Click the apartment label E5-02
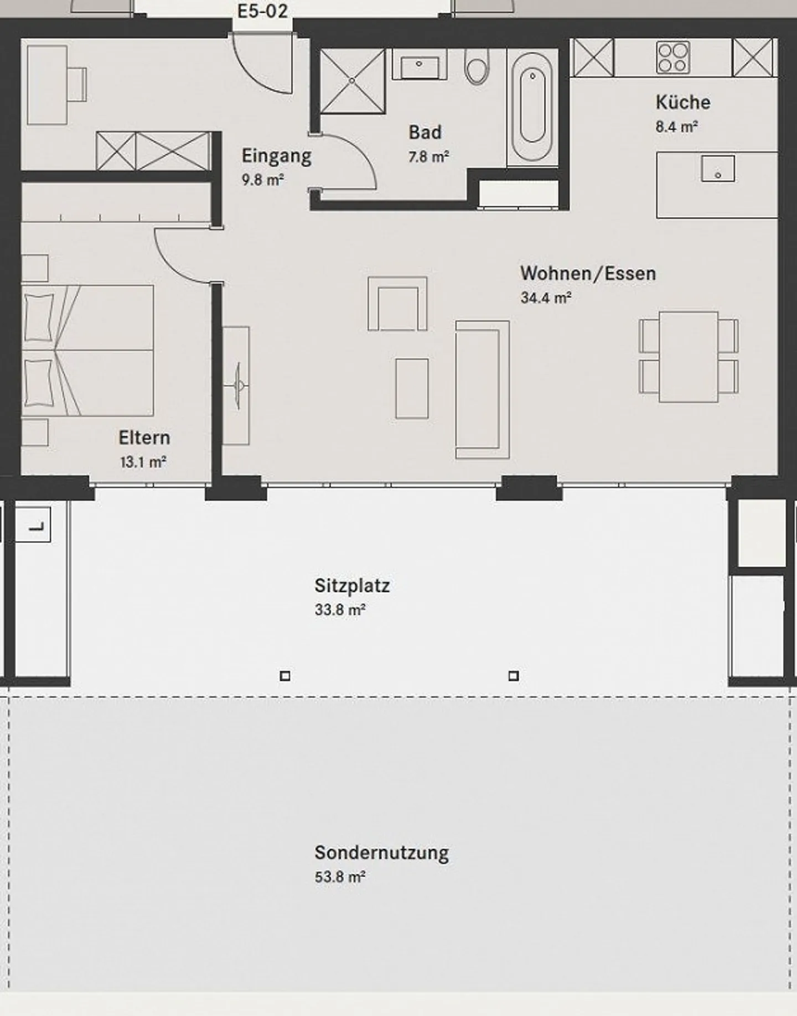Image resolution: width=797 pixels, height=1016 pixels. click(262, 11)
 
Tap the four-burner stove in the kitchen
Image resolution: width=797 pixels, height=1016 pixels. click(673, 58)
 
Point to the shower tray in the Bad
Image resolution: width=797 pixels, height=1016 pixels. click(352, 81)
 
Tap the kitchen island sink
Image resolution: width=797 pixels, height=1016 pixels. click(717, 169)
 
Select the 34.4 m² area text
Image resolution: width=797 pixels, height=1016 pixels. click(546, 298)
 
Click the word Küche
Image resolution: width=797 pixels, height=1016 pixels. click(682, 102)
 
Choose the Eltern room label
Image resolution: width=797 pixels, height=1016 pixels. click(144, 438)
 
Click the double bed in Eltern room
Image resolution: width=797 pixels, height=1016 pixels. click(89, 350)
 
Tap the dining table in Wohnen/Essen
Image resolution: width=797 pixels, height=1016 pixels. click(688, 357)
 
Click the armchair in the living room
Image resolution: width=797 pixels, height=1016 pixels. click(397, 304)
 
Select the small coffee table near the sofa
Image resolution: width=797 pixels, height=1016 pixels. click(412, 388)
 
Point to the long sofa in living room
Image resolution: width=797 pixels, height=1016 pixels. click(482, 389)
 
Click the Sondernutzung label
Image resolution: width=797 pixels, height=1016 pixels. click(381, 853)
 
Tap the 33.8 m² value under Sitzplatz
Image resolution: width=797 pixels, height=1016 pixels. click(339, 610)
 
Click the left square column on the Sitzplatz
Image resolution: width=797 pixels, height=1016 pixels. click(285, 676)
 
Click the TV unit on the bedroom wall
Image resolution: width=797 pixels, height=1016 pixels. click(236, 385)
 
